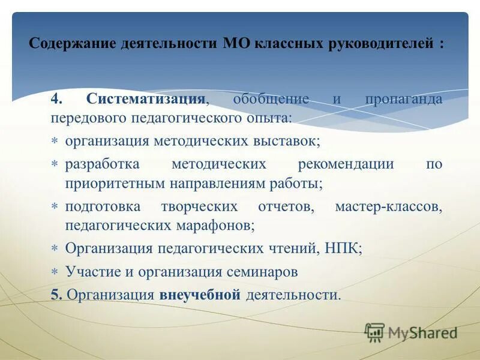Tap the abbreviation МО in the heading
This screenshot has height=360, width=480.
pyautogui.click(x=236, y=44)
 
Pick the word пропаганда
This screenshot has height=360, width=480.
pyautogui.click(x=403, y=98)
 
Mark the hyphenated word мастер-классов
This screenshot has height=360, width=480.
pyautogui.click(x=389, y=207)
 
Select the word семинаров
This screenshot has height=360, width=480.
pyautogui.click(x=262, y=271)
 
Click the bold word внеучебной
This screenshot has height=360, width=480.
pyautogui.click(x=200, y=295)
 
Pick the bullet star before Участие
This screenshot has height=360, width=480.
pyautogui.click(x=55, y=272)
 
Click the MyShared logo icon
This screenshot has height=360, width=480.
pyautogui.click(x=374, y=332)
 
